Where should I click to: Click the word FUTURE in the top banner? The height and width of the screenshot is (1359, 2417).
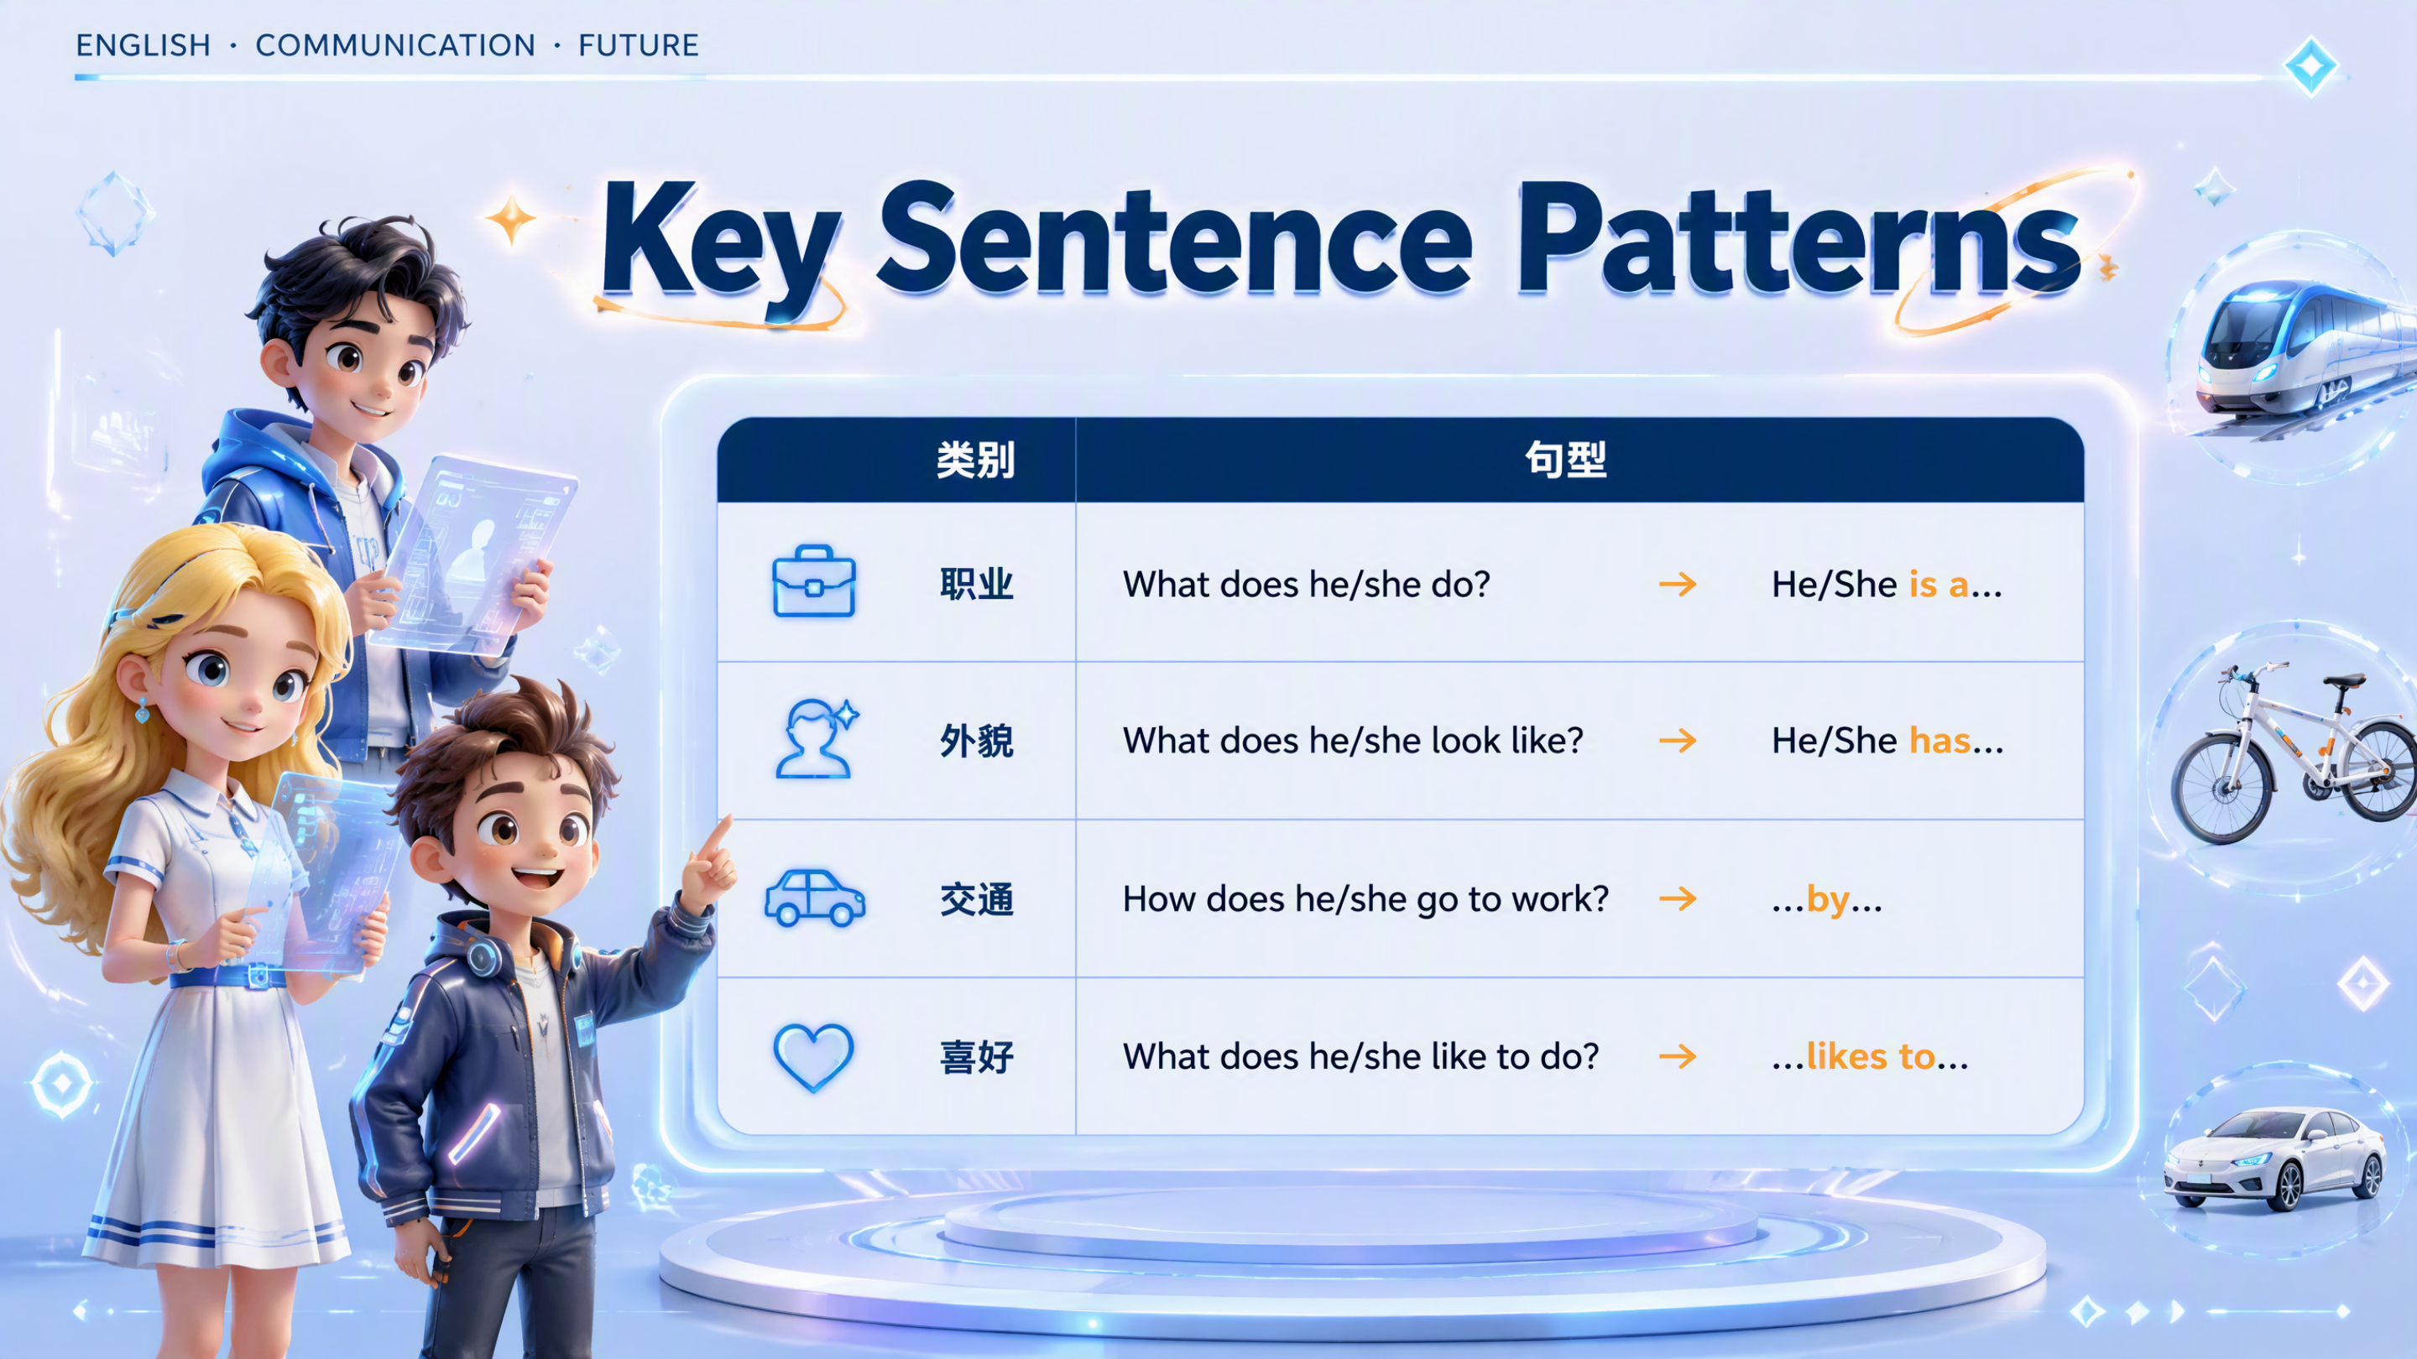[x=638, y=45]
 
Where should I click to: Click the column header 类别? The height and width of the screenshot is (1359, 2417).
[x=976, y=460]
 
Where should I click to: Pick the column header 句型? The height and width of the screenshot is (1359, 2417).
[x=1565, y=460]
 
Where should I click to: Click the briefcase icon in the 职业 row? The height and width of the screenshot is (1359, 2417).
[x=813, y=581]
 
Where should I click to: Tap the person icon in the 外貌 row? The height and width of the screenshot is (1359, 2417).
[x=817, y=739]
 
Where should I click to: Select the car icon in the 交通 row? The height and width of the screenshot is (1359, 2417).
[x=814, y=898]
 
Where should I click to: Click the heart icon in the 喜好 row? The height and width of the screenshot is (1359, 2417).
[x=813, y=1057]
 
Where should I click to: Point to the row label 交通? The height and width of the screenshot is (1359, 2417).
[x=977, y=899]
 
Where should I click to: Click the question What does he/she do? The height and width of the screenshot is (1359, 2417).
[x=1306, y=585]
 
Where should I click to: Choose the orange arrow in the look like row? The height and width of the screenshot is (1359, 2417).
[x=1678, y=741]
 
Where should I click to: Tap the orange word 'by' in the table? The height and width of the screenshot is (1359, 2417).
[x=1828, y=900]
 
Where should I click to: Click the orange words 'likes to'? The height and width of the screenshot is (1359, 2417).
[x=1870, y=1056]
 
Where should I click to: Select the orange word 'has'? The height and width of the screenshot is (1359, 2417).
[x=1939, y=741]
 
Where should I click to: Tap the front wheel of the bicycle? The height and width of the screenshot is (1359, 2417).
[x=2221, y=788]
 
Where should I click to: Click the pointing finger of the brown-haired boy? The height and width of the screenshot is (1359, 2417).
[x=718, y=837]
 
